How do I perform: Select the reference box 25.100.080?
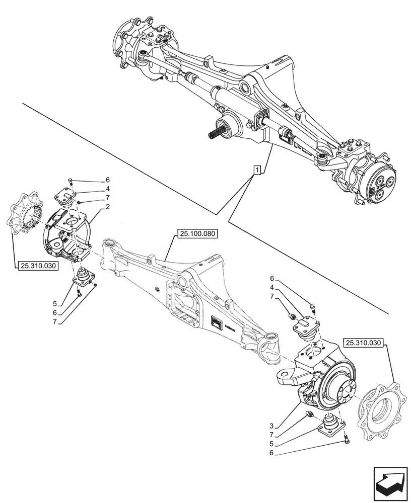(196, 234)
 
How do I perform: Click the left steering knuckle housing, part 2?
(65, 233)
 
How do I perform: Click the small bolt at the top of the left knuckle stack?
(71, 181)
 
